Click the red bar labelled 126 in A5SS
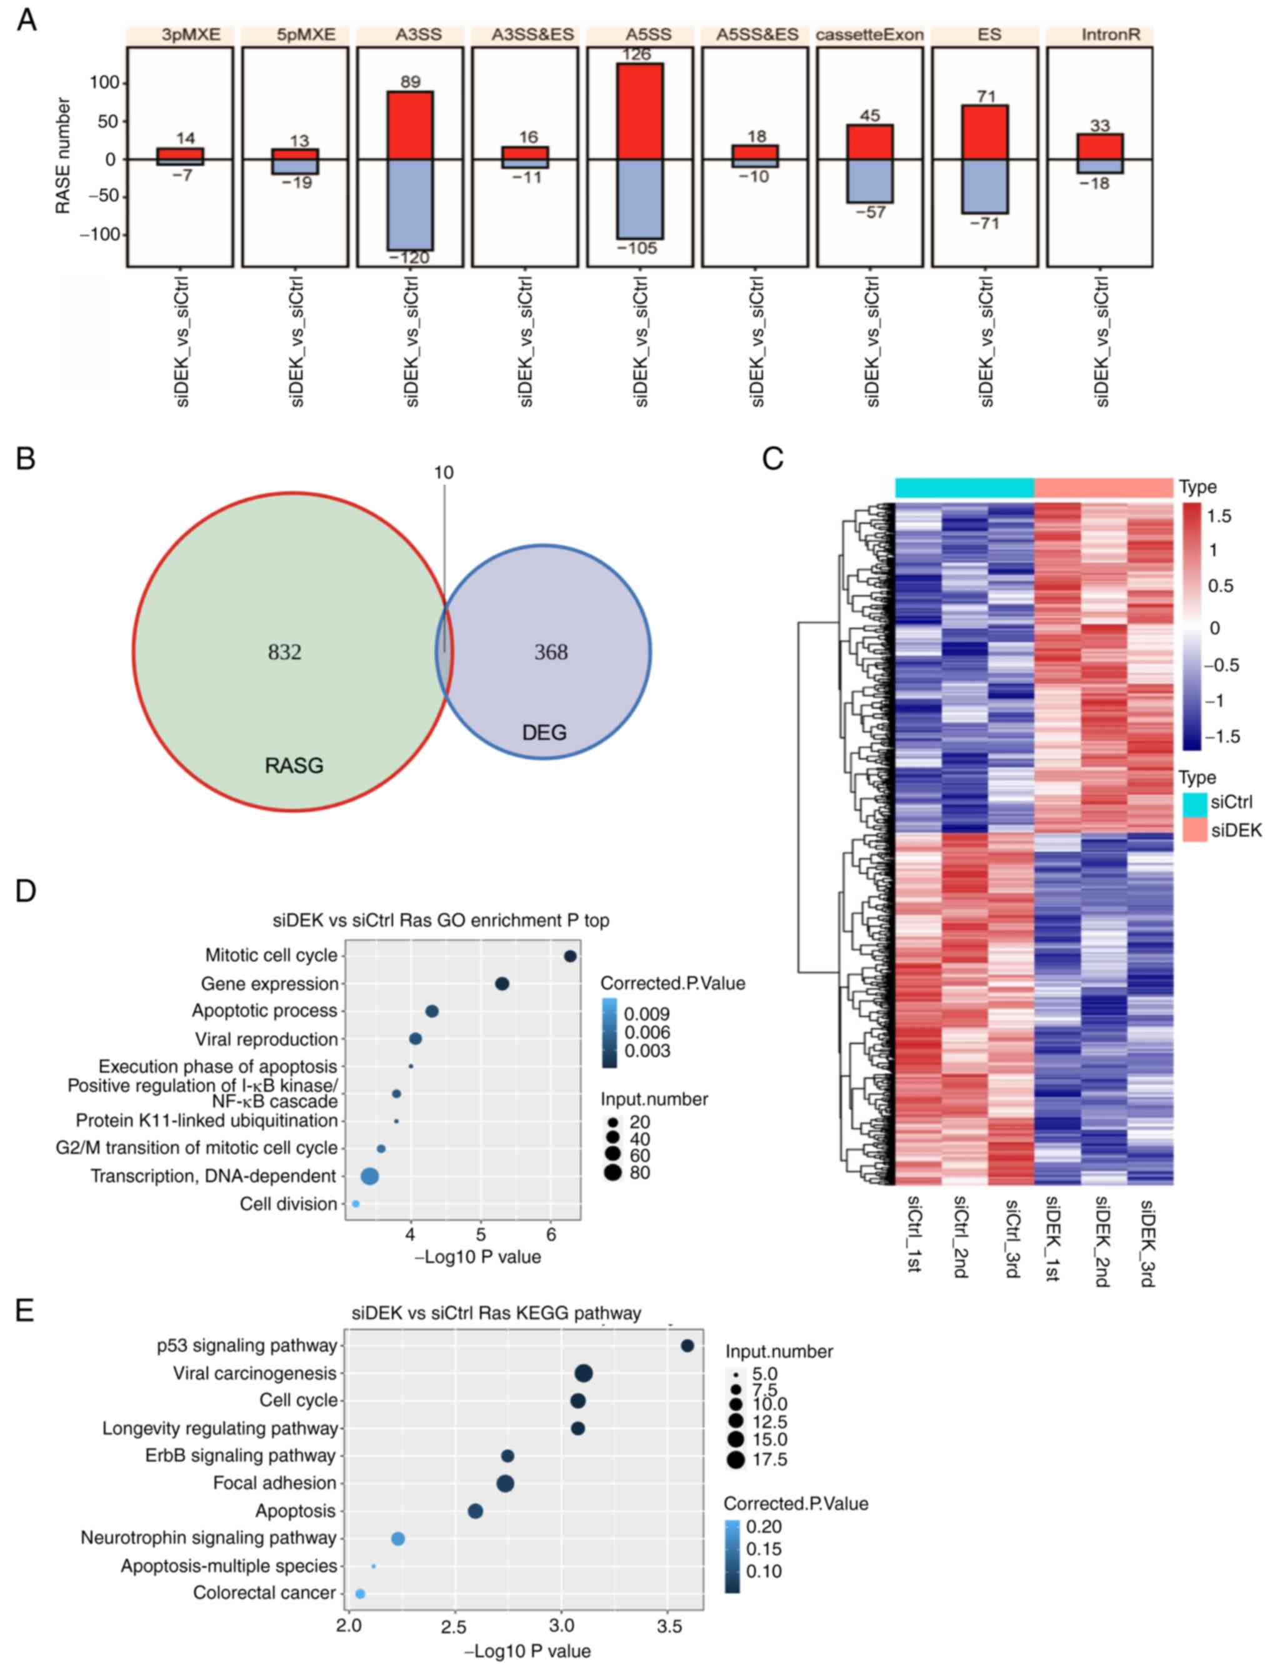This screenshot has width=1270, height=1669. (x=639, y=111)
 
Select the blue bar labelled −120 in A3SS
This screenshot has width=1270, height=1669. (x=410, y=204)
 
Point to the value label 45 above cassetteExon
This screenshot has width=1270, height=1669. (x=869, y=116)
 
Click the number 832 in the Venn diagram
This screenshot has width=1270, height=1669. (x=284, y=652)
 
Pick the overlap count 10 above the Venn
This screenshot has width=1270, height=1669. (x=444, y=473)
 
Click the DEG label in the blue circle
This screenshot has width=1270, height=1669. (x=544, y=732)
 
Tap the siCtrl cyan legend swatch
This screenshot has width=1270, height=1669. (x=1194, y=804)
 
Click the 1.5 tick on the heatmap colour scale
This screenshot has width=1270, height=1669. (x=1219, y=516)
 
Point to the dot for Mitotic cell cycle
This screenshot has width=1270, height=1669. (x=570, y=956)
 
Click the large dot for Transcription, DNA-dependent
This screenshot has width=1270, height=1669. (x=369, y=1176)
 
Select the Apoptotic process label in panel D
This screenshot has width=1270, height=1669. (x=264, y=1010)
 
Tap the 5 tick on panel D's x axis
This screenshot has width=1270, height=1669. (x=481, y=1235)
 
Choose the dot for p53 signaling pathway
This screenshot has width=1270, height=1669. (x=687, y=1345)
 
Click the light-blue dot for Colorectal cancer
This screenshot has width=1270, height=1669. (x=361, y=1593)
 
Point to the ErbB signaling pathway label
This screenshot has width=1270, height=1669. (x=241, y=1455)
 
